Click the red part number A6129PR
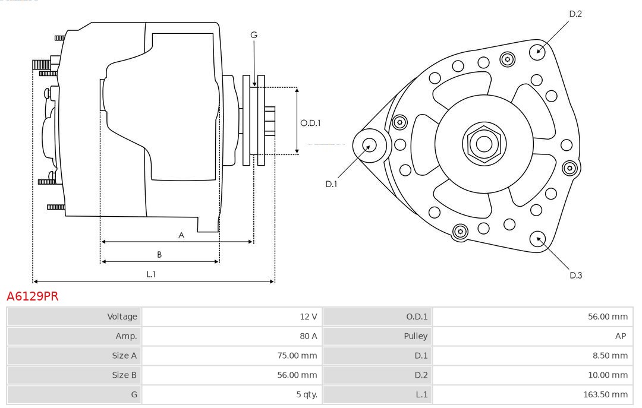tap(33, 296)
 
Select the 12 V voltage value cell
tap(308, 317)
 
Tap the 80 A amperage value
tap(308, 336)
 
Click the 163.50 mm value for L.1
tap(604, 394)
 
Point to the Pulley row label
tap(416, 336)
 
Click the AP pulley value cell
tap(620, 336)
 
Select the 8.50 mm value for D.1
tap(608, 356)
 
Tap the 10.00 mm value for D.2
tap(606, 375)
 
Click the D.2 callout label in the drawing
tap(575, 14)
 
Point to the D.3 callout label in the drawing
tap(575, 275)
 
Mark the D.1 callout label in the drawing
tap(331, 184)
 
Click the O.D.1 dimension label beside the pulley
tap(310, 123)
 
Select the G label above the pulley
tap(254, 35)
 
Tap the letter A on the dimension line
tap(181, 235)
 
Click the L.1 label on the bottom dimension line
tap(151, 274)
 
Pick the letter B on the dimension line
tap(159, 255)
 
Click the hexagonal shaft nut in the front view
tap(484, 143)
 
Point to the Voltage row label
tap(122, 317)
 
